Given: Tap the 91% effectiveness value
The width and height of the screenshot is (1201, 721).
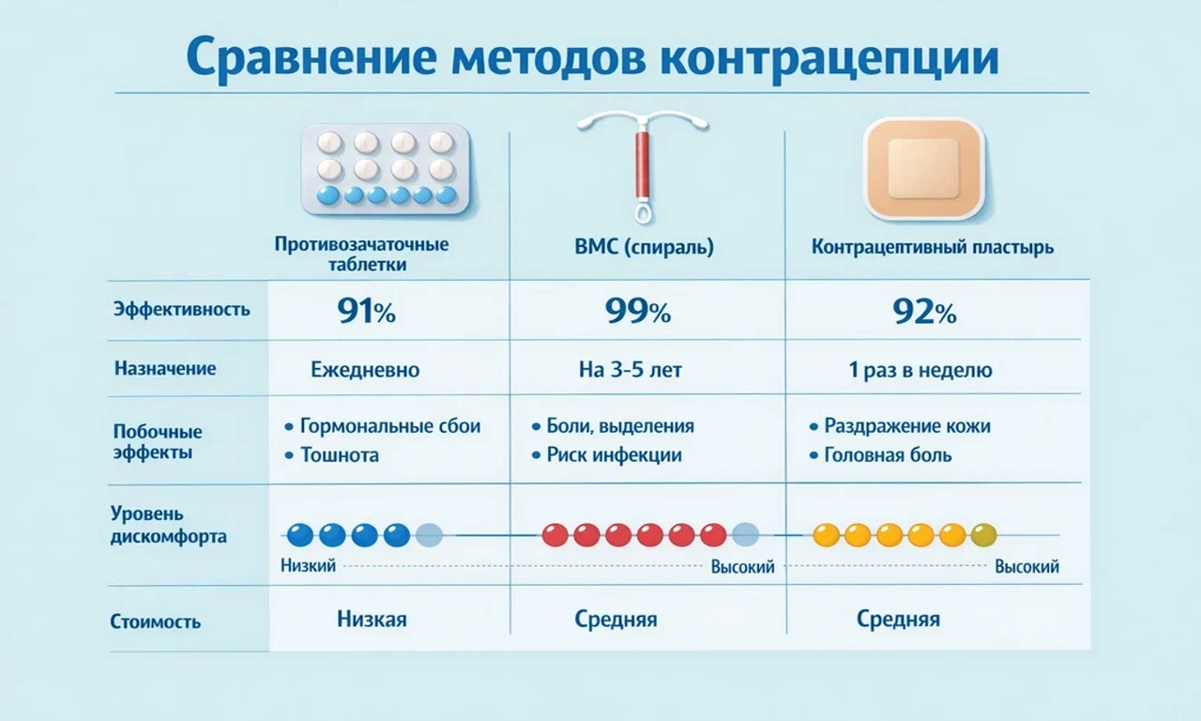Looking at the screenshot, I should tap(366, 312).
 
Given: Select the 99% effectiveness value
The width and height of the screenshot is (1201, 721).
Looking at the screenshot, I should tap(639, 312).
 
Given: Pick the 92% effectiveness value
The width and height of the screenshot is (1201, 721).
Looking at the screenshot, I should tap(924, 312).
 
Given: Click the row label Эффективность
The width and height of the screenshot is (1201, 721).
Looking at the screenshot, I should tap(182, 309).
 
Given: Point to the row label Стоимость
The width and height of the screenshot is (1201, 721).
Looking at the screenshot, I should tap(156, 621).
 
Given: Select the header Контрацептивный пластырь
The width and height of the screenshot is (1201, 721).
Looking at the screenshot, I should tap(933, 248).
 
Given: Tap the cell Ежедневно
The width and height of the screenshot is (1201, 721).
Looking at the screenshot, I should tap(365, 370).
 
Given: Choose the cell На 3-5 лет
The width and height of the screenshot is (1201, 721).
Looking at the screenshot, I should tap(631, 370).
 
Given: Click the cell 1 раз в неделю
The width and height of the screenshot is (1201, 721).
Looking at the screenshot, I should tap(920, 370).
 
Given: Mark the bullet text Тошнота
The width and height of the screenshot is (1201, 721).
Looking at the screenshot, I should tap(340, 455).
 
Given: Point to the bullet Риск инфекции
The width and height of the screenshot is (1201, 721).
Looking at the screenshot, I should tap(615, 455).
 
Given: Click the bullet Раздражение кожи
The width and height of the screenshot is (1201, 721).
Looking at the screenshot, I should tap(906, 426).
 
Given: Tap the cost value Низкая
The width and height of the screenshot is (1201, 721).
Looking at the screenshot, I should tap(372, 620).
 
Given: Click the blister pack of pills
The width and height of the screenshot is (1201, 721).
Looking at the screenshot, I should tap(385, 169).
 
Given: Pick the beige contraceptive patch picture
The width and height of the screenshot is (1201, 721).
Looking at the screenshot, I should tap(923, 169).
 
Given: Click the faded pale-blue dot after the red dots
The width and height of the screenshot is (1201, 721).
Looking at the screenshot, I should tap(745, 535).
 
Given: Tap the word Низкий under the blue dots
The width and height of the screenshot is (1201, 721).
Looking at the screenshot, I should tap(308, 566).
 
